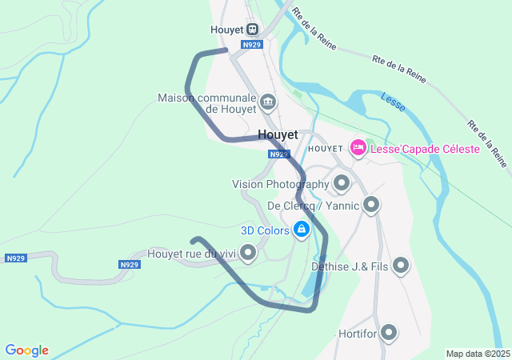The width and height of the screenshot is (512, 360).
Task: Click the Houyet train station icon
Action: pos(253,30)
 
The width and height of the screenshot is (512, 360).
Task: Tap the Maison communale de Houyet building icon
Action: pos(268,102)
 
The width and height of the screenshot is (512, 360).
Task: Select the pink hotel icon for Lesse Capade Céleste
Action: pos(358,148)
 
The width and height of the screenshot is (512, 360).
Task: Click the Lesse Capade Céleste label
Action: pos(425,149)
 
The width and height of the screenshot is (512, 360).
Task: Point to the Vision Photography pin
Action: pos(342,184)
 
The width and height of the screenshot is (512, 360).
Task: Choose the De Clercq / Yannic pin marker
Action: pos(371,206)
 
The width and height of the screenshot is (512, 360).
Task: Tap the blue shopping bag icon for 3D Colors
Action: pos(301,230)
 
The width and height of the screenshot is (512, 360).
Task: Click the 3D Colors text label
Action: pos(265,230)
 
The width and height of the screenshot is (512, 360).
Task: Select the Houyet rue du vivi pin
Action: pos(248,254)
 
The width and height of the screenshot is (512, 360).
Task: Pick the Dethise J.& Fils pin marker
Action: pos(401,266)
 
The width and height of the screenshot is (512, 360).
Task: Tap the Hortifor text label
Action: pos(357,332)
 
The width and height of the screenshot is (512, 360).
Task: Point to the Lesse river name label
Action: pos(393,100)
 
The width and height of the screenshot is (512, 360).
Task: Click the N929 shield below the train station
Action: pos(252,45)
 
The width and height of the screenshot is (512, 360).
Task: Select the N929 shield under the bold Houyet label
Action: pos(278,154)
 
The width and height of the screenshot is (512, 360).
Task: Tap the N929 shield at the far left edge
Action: pos(15,258)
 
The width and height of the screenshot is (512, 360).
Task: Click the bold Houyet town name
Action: pos(278,135)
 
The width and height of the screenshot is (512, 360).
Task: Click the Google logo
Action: pos(26,350)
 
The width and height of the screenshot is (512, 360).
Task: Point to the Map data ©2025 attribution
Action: pos(478,354)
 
